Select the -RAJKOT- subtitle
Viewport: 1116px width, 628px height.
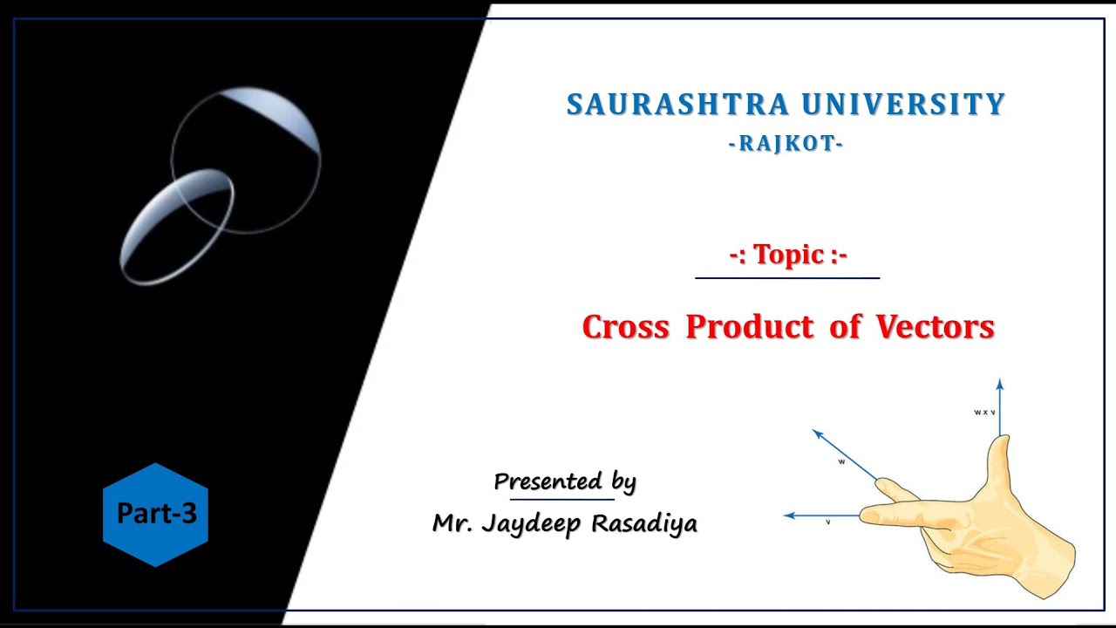(x=786, y=144)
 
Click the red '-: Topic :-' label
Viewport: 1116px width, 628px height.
(x=788, y=255)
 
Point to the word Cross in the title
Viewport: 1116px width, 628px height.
(x=626, y=327)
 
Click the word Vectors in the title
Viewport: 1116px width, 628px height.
(x=935, y=327)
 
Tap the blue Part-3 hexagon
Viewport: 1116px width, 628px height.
(x=155, y=515)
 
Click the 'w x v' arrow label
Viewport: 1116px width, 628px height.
(x=984, y=412)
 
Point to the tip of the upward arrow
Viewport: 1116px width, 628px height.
(x=999, y=382)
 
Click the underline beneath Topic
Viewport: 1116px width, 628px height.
(x=787, y=278)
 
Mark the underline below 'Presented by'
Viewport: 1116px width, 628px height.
(x=561, y=500)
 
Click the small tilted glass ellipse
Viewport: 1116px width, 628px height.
(x=177, y=227)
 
